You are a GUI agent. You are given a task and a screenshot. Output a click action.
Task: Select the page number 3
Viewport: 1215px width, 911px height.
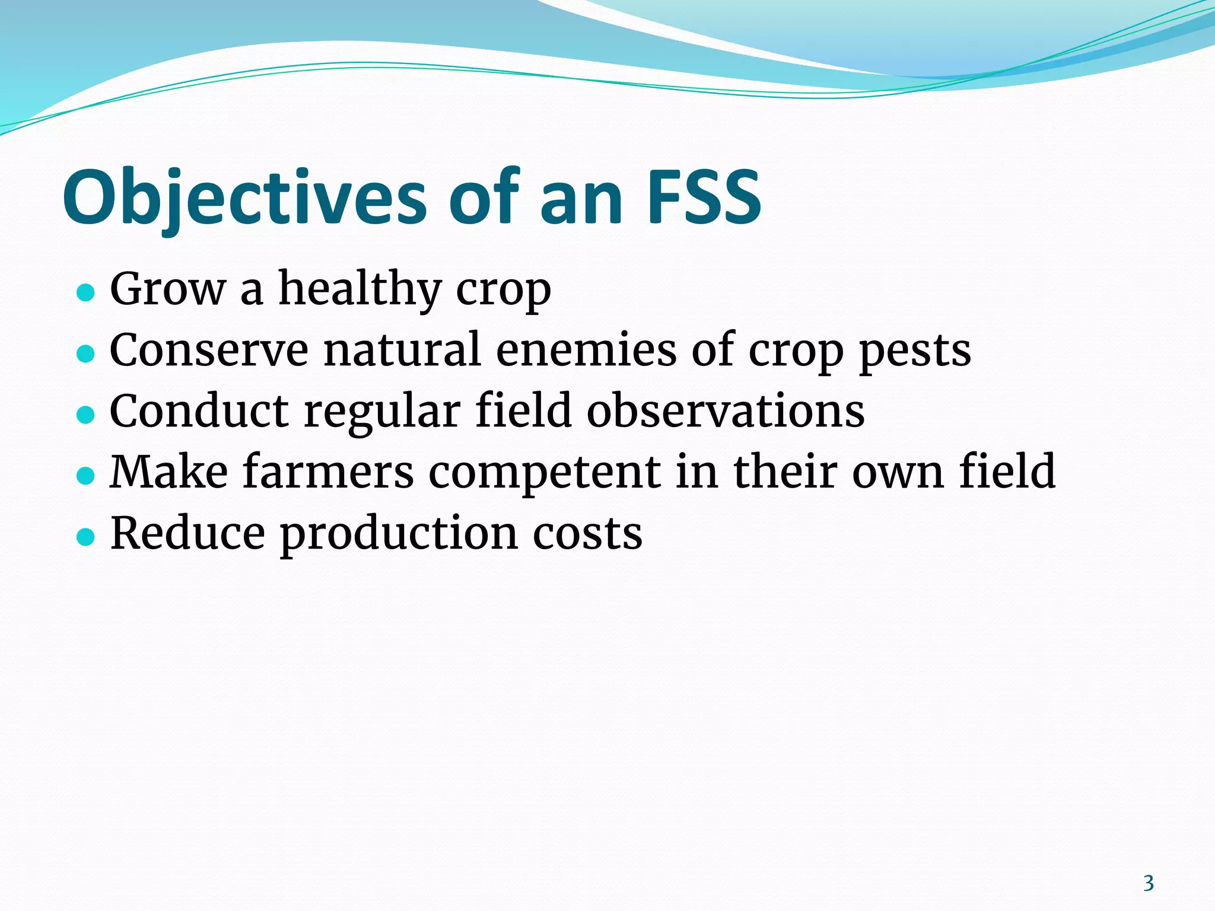click(1149, 883)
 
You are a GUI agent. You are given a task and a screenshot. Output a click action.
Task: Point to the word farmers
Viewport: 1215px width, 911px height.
click(328, 472)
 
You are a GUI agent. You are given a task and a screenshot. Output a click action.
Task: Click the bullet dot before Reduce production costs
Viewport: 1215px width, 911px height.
click(86, 536)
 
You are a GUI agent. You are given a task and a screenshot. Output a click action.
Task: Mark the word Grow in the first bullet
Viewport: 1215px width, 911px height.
click(168, 289)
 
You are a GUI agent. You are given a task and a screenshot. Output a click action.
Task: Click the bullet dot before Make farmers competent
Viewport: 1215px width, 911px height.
click(86, 475)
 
